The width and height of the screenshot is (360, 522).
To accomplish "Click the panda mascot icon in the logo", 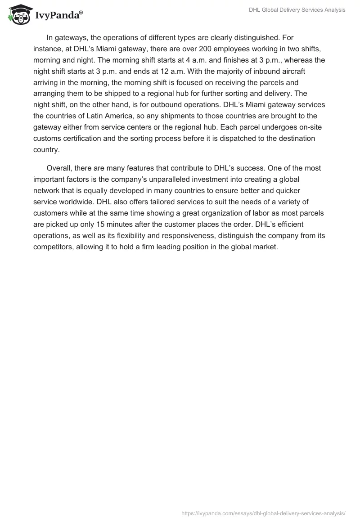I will click(18, 15).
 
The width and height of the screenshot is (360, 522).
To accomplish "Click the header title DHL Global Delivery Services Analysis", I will click(297, 10).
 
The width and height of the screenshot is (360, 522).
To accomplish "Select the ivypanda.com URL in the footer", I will click(263, 513).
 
